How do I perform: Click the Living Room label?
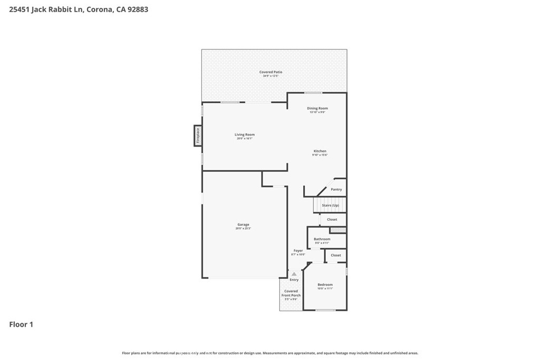click(x=244, y=135)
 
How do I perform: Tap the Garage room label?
click(x=243, y=225)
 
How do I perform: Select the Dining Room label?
click(x=317, y=109)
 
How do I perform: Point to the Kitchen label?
click(x=320, y=151)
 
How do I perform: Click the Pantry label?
click(x=336, y=189)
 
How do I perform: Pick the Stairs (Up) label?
click(x=330, y=205)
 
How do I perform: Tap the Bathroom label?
click(x=322, y=239)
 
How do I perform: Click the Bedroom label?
click(x=325, y=285)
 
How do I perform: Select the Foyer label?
click(x=298, y=251)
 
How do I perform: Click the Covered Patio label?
click(x=271, y=72)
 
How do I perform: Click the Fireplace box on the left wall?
click(x=198, y=136)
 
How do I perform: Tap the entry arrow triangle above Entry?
click(x=294, y=274)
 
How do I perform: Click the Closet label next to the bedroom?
click(x=336, y=255)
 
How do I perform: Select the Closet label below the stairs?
click(x=332, y=219)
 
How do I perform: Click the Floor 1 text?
click(x=21, y=325)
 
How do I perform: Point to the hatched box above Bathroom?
click(x=337, y=230)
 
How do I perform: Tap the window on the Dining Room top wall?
click(x=313, y=93)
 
